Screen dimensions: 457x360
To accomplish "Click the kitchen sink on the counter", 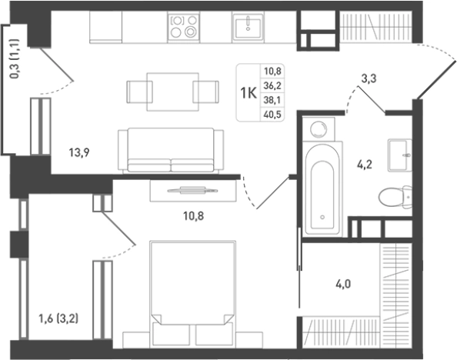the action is [248, 27].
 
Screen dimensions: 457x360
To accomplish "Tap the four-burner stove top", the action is [184, 27].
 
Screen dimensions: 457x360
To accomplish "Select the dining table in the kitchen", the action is [173, 92].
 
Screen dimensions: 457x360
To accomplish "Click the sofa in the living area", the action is [171, 151].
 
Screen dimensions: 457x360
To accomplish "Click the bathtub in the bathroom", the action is [322, 189].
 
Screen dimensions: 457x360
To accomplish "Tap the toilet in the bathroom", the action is [395, 197].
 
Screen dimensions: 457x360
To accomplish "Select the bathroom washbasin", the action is [400, 155].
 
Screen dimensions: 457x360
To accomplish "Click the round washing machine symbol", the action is [319, 129].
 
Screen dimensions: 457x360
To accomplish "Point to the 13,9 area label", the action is [79, 152].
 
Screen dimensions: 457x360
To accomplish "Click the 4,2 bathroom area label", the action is [365, 165].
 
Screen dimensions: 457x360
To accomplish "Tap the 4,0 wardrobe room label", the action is [343, 284].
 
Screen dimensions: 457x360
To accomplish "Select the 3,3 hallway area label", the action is [369, 78].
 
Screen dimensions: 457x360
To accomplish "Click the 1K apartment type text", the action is [248, 93].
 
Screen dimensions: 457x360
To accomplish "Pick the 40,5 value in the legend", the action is [272, 115].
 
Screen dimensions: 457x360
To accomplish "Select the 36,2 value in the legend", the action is [272, 85].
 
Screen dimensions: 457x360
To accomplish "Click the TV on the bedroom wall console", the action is [192, 191].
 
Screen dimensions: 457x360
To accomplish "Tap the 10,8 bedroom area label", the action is [194, 216].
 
